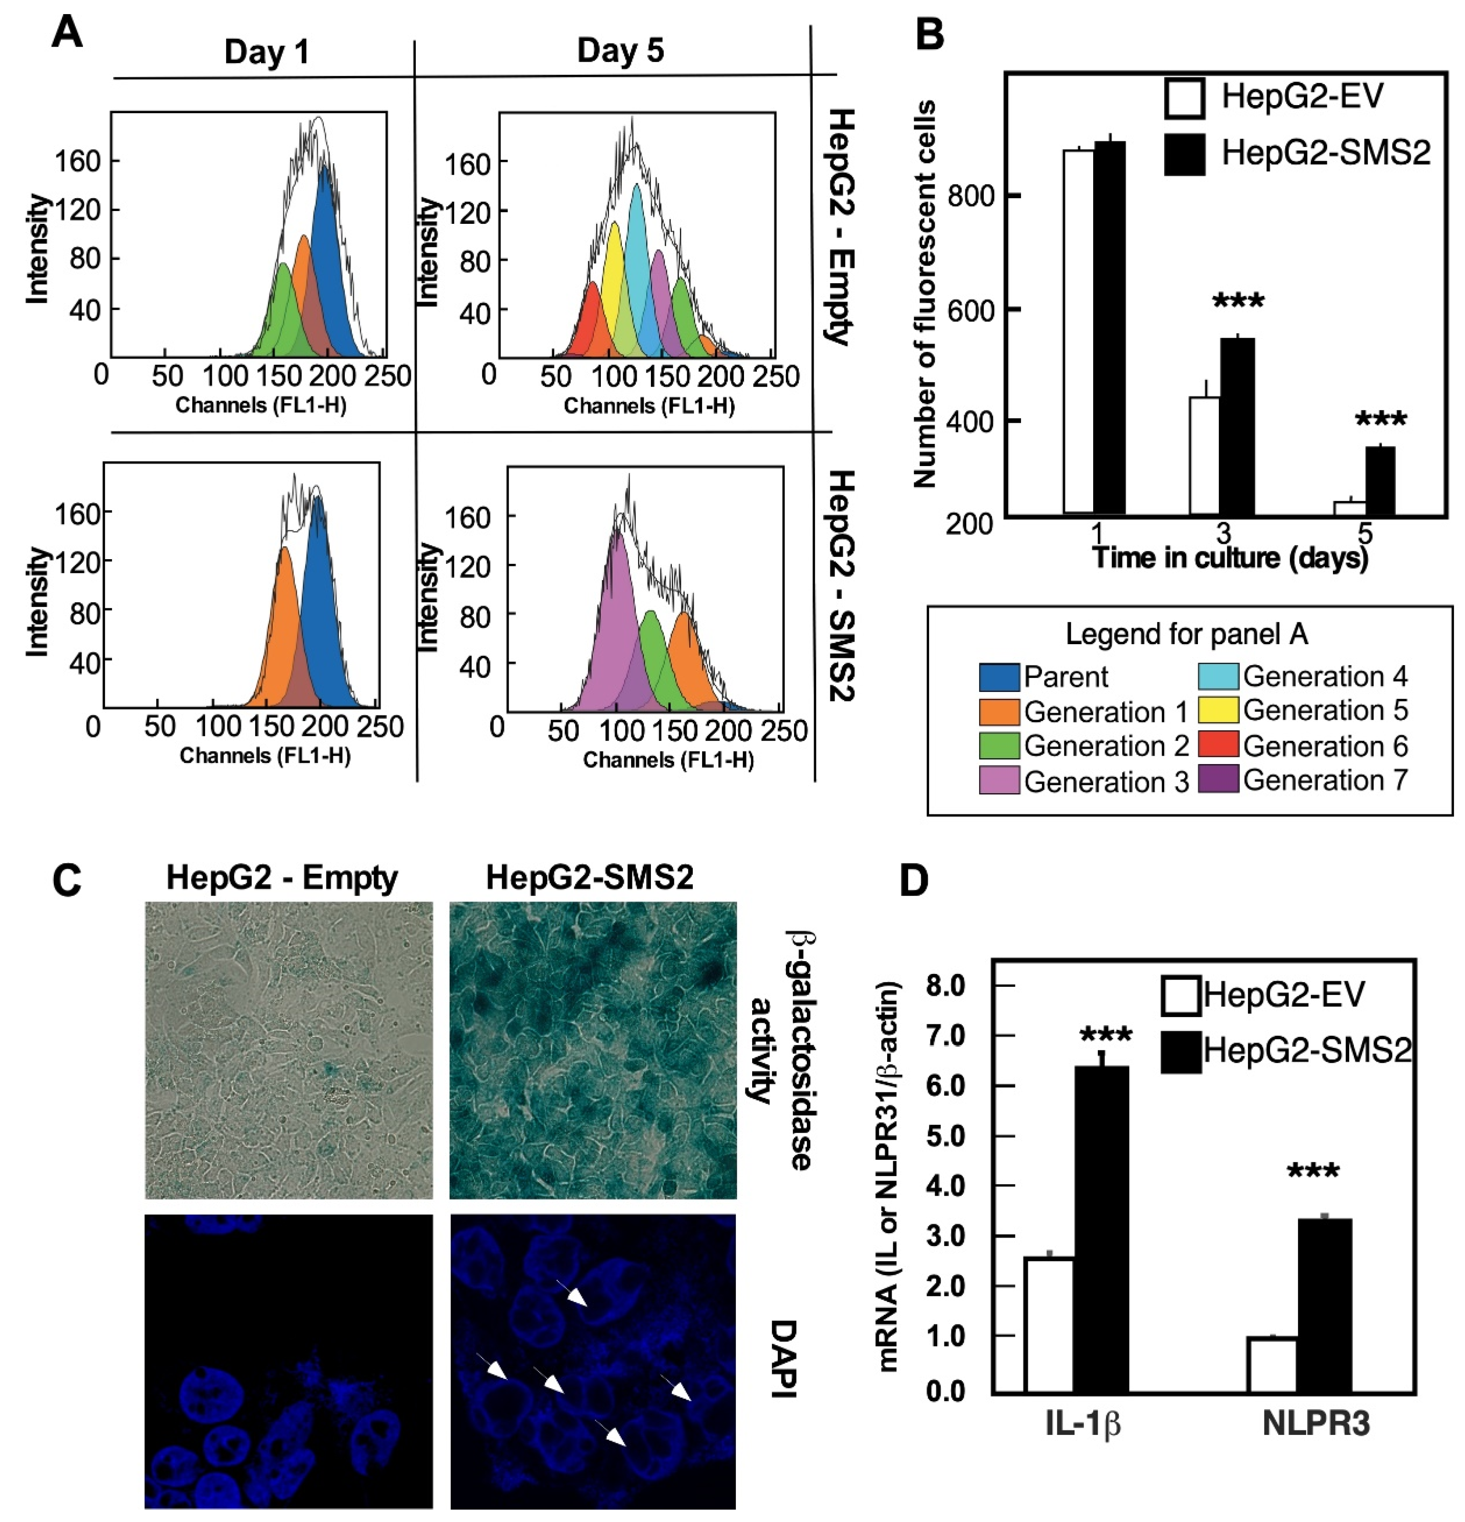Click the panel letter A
pos(67,34)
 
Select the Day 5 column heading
pos(620,51)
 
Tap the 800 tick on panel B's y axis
pos(971,196)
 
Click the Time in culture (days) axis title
pos(1230,557)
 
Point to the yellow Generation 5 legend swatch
pos(1217,710)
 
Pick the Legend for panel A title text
pos(1186,634)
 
